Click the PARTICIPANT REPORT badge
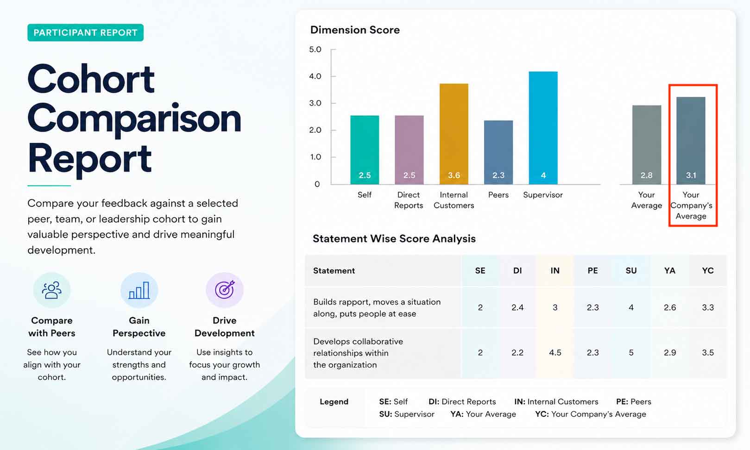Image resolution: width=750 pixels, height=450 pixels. (85, 32)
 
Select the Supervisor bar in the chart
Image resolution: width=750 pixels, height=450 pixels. (543, 128)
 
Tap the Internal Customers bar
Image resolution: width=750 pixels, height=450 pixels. (454, 134)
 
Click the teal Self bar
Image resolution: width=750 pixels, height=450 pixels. (365, 150)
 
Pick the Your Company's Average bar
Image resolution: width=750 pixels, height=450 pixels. (691, 141)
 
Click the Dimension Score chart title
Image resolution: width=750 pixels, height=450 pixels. (355, 30)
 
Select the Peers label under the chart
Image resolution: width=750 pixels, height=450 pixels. (498, 195)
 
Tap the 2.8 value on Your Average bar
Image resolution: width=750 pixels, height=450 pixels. (647, 175)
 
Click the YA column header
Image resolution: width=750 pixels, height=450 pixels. (670, 270)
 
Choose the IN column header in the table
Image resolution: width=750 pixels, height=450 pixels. (555, 270)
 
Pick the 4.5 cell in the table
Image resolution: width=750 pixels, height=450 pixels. (555, 352)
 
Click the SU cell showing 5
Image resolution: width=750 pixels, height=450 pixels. (631, 352)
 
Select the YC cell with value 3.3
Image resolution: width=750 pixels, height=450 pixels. (708, 307)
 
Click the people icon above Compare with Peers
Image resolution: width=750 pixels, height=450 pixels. (51, 290)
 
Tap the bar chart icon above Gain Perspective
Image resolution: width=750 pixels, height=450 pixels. (139, 290)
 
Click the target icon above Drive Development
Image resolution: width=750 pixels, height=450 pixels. (224, 290)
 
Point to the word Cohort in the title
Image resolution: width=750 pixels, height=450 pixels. (91, 79)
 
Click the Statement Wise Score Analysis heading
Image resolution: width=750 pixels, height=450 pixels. (394, 238)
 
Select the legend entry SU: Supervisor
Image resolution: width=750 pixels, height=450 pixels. (406, 414)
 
